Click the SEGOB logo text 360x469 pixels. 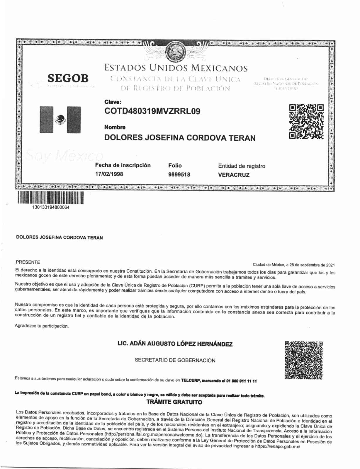pos(68,78)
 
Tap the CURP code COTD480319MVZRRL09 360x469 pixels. pos(152,111)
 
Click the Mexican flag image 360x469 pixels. pos(60,120)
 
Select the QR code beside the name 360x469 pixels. pos(306,121)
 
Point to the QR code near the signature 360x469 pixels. pos(303,360)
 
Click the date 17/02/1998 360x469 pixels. pos(109,174)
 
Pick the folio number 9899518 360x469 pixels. pos(179,175)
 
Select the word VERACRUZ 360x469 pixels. pos(234,175)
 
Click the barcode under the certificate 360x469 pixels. pos(50,198)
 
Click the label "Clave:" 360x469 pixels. pos(113,102)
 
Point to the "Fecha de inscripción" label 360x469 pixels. pos(123,165)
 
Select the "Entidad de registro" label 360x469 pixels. pos(242,166)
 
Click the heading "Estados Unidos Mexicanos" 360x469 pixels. pos(176,68)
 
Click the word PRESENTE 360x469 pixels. pos(28,262)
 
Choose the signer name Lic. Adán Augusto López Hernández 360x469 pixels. pos(175,344)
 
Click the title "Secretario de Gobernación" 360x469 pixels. pos(175,360)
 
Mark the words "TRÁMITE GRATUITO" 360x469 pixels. pos(174,402)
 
